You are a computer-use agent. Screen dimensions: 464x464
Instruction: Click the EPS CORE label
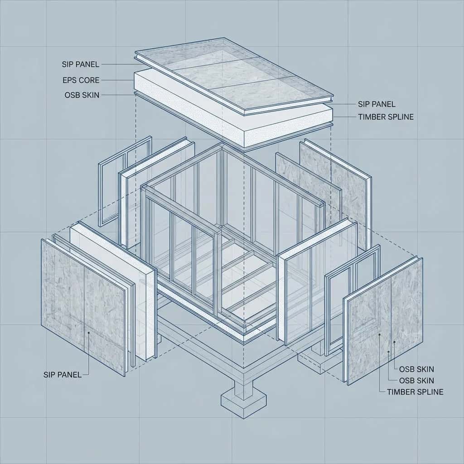click(x=81, y=80)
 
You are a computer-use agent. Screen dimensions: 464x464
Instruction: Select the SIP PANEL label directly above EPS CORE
click(x=81, y=64)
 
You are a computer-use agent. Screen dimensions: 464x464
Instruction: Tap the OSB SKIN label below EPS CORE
click(x=82, y=95)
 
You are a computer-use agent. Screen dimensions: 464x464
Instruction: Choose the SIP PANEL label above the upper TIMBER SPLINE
click(x=377, y=104)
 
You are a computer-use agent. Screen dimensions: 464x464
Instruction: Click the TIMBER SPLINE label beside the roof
click(x=386, y=117)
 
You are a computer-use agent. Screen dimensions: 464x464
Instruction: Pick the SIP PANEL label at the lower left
click(x=62, y=375)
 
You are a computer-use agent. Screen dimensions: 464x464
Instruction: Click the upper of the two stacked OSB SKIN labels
click(x=416, y=369)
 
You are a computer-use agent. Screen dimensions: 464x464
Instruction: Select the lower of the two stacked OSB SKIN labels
click(x=416, y=381)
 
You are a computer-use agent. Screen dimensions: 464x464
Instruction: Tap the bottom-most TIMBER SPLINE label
click(x=415, y=392)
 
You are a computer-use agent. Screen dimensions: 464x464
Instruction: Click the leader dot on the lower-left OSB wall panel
click(x=88, y=333)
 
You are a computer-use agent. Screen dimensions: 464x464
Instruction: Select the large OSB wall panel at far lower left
click(x=83, y=308)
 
